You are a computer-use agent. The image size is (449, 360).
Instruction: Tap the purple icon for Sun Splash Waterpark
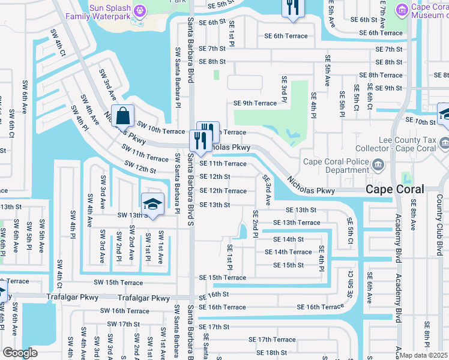(x=140, y=10)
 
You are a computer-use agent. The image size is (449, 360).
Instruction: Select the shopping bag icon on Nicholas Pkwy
(x=122, y=114)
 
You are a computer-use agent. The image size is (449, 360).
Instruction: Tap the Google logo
(x=20, y=352)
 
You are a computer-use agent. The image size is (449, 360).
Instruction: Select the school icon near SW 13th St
(x=152, y=203)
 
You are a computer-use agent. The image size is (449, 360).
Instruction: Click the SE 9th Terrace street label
(x=255, y=103)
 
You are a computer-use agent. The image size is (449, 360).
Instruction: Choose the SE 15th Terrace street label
(x=223, y=278)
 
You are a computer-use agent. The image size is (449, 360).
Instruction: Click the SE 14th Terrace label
(x=292, y=252)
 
